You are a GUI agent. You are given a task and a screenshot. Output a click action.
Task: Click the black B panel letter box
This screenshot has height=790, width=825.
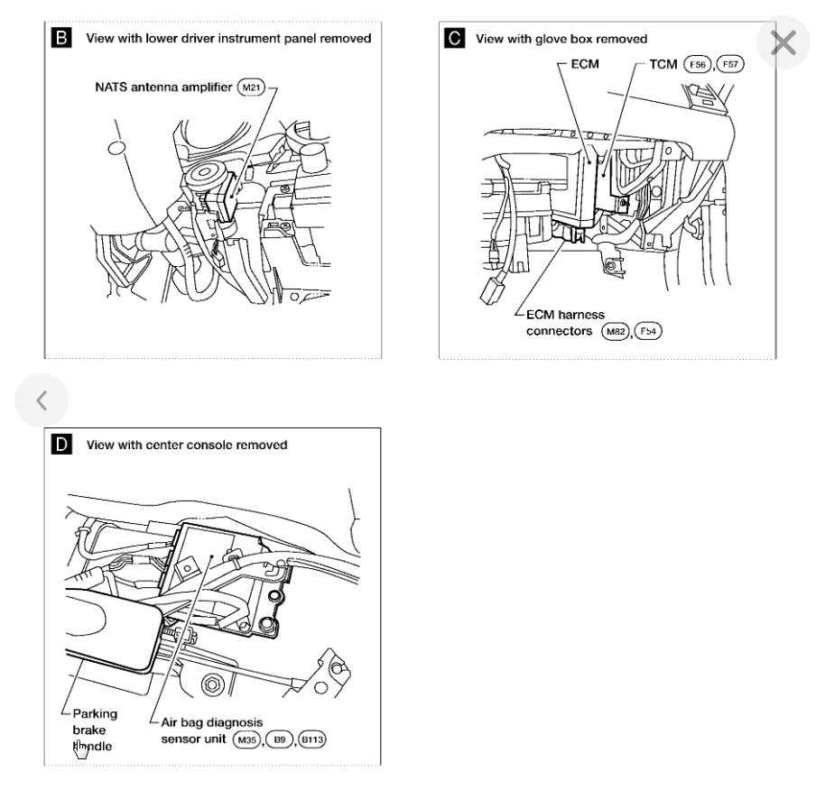tap(61, 38)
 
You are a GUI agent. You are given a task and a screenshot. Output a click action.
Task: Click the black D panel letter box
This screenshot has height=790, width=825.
tap(61, 444)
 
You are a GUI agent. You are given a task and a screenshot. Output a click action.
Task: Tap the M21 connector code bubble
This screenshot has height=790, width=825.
tap(250, 87)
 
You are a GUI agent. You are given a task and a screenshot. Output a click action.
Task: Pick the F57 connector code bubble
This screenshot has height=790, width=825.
tap(729, 64)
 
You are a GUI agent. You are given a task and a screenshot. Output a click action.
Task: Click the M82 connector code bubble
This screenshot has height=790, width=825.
tap(615, 331)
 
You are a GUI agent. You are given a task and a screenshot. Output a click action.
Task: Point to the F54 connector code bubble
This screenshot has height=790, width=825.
tap(647, 331)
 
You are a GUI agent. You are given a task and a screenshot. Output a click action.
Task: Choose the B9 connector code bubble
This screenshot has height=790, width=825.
tap(279, 739)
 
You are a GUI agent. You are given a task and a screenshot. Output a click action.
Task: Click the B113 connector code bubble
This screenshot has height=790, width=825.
tap(312, 739)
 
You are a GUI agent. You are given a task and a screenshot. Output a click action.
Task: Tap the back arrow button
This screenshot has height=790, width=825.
tap(42, 400)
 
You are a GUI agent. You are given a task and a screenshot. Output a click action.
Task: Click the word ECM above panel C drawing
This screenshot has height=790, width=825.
tap(585, 64)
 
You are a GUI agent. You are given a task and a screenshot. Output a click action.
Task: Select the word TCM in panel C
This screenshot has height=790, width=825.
tap(663, 64)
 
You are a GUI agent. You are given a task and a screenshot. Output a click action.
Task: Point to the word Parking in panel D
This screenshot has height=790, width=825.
tap(95, 713)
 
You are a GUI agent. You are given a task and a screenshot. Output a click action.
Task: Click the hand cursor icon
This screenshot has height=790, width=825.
tap(81, 748)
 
